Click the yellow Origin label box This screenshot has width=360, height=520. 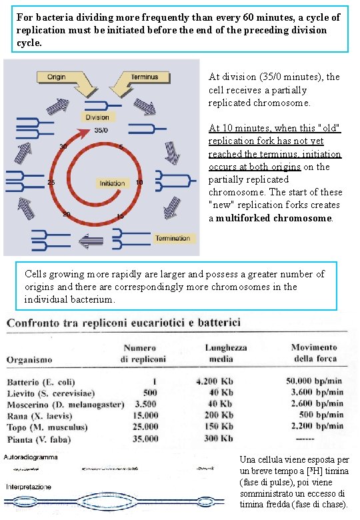point(56,77)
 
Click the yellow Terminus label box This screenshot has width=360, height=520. point(144,77)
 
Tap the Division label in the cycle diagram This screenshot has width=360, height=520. point(97,117)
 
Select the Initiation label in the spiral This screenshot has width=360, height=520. point(112,183)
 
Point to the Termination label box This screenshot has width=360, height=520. point(173,238)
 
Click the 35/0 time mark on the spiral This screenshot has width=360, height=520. point(102,130)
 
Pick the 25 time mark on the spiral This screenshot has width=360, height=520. point(51,183)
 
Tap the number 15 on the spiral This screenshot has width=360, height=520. point(119,217)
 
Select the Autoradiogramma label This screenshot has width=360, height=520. point(31,457)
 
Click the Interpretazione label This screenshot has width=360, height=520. point(28,487)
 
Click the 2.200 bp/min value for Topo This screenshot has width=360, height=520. point(318,427)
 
